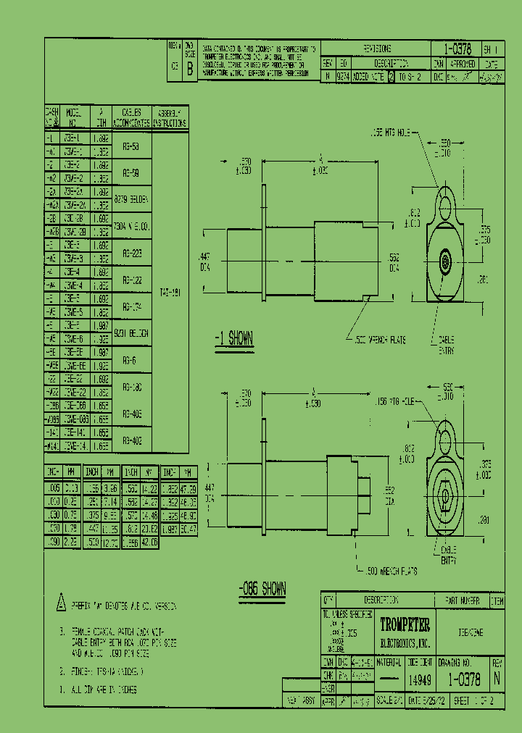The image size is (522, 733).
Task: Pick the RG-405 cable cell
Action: pyautogui.click(x=131, y=414)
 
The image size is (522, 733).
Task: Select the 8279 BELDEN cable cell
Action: pyautogui.click(x=131, y=198)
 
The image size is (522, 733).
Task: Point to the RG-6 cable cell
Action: pyautogui.click(x=131, y=359)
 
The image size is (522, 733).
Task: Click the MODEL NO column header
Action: pyautogui.click(x=74, y=117)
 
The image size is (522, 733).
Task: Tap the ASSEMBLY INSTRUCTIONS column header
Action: pyautogui.click(x=173, y=117)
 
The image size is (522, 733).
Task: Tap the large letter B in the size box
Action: pyautogui.click(x=189, y=70)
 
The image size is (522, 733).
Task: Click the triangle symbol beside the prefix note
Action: pyautogui.click(x=61, y=605)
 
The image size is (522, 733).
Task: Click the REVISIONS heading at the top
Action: pyautogui.click(x=376, y=49)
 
